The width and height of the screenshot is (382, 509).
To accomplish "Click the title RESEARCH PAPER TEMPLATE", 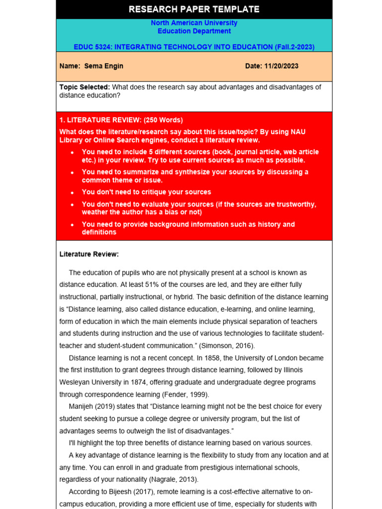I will (194, 9).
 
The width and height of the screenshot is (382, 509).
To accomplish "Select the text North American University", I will (194, 23).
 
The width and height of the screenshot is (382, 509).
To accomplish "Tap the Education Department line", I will (194, 31).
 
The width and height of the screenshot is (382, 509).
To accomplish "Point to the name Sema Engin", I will (103, 66).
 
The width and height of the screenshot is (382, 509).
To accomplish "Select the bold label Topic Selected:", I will (85, 87).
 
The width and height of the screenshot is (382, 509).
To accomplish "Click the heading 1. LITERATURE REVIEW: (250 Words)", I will (121, 120).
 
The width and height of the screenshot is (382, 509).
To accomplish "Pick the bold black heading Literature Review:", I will (89, 254).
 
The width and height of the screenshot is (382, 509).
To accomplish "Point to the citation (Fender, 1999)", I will (184, 394).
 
